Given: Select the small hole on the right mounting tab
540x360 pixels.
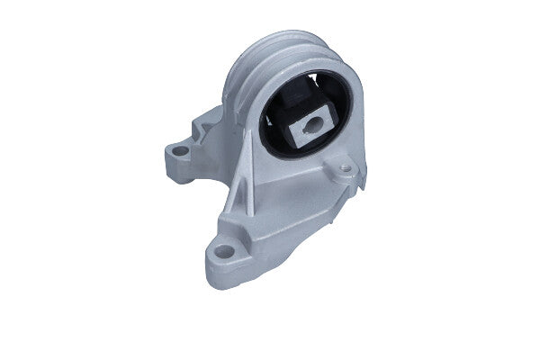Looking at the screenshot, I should (x=344, y=167).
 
